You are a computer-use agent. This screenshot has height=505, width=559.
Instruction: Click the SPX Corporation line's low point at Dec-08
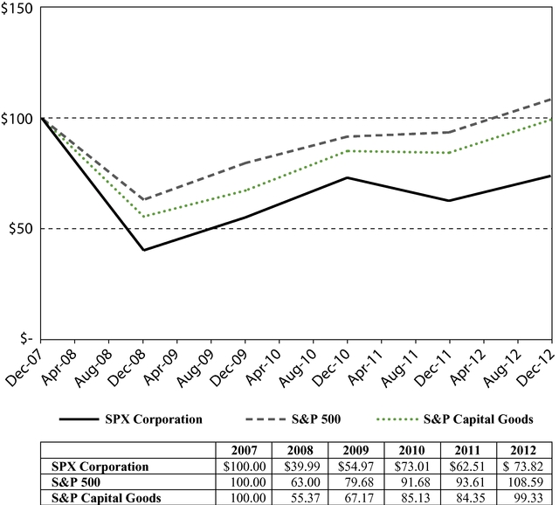pos(143,250)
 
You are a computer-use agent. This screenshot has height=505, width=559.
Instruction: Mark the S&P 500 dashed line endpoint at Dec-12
pos(551,99)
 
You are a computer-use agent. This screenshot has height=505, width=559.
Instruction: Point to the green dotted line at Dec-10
pos(348,151)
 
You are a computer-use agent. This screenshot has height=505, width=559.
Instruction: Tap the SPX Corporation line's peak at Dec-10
pos(348,177)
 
